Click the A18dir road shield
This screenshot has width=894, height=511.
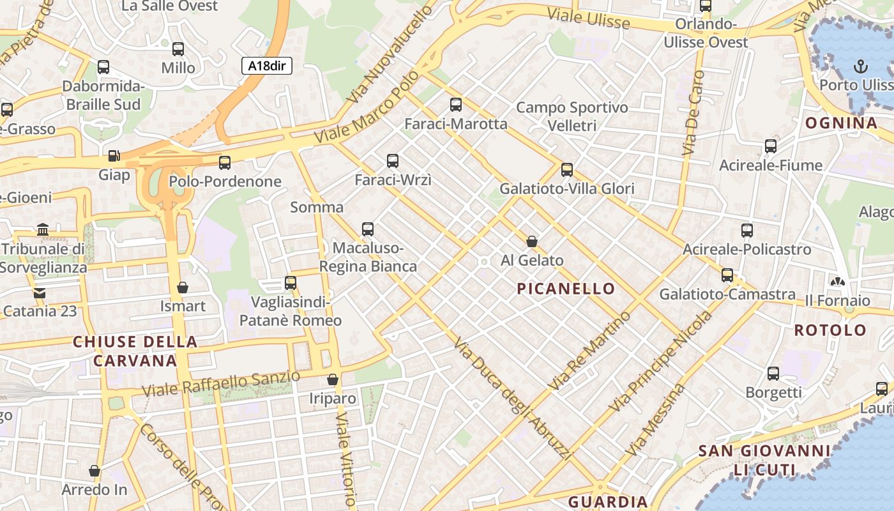[x=267, y=65]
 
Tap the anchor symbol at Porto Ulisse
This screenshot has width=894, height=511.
[x=861, y=66]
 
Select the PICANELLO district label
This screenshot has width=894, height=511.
[x=566, y=289]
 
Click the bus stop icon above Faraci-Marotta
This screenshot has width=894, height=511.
[x=456, y=105]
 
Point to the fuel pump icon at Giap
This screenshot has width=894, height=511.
[x=114, y=155]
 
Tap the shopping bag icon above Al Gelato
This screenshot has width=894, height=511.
[x=532, y=241]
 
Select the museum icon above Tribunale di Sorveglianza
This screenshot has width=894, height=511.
[x=43, y=229]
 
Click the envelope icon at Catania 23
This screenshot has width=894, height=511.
[x=40, y=293]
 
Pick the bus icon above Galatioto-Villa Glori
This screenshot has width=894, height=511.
[x=567, y=170]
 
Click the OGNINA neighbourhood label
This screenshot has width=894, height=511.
[x=841, y=123]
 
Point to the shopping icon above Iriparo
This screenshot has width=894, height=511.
[x=333, y=379]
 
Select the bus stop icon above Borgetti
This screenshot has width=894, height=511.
[x=773, y=374]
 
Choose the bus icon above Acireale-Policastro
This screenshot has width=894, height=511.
[x=747, y=231]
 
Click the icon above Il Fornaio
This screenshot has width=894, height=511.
[x=837, y=281]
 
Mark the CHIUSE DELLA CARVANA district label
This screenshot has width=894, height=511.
[x=135, y=351]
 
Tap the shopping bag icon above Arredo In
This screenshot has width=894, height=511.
[x=95, y=471]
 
